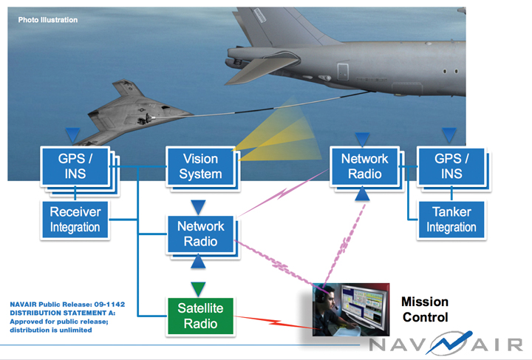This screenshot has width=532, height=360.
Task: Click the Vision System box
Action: [200, 166]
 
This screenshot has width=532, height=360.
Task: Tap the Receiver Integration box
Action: [75, 220]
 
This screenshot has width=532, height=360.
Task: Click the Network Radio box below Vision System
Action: [200, 235]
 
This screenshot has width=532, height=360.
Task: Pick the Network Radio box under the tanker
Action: [364, 166]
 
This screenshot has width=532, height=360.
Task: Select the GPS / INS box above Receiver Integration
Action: [75, 166]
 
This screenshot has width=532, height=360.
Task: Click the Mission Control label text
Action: [424, 310]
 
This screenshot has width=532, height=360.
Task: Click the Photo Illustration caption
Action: [48, 20]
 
